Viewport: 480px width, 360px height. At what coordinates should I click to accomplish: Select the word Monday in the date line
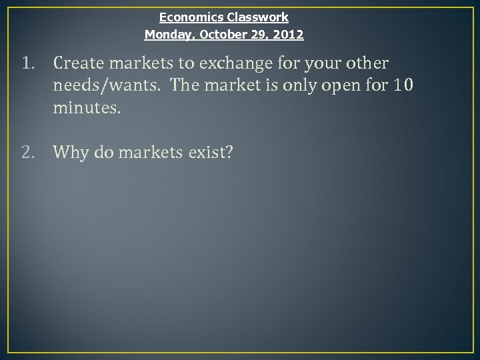click(165, 33)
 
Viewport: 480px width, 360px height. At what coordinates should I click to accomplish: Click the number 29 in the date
click(256, 33)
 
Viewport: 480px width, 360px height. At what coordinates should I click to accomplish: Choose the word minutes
click(87, 108)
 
